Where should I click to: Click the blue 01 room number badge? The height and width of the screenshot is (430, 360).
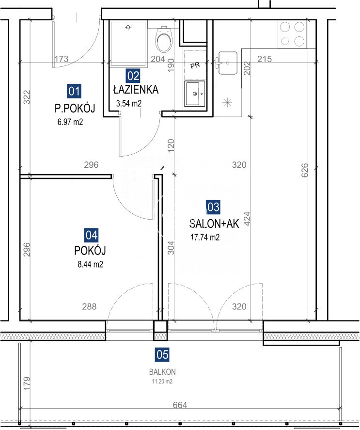[x=74, y=91]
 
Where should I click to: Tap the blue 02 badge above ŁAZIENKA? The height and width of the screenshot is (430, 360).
[x=133, y=76]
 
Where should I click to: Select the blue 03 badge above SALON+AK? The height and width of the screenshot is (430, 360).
[x=213, y=207]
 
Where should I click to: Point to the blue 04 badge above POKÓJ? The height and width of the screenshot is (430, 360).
[x=91, y=235]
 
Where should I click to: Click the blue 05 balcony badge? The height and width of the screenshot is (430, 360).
[x=162, y=354]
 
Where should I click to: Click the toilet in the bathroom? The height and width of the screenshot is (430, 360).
[x=164, y=39]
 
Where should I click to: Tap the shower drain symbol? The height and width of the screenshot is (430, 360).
[x=128, y=28]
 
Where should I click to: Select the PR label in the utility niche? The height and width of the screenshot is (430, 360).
[x=195, y=65]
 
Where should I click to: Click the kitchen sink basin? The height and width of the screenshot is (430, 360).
[x=227, y=63]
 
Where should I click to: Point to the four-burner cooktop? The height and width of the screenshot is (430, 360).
[x=292, y=34]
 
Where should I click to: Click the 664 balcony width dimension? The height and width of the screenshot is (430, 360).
[x=180, y=405]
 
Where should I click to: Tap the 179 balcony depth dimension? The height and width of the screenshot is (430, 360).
[x=27, y=383]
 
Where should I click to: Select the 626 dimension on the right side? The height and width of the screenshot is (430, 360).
[x=304, y=170]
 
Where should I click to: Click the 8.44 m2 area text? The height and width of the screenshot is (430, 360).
[x=90, y=264]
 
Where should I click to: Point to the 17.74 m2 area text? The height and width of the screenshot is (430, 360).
[x=205, y=237]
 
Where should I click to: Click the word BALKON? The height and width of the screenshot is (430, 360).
[x=162, y=372]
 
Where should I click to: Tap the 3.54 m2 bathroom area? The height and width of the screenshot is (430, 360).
[x=129, y=103]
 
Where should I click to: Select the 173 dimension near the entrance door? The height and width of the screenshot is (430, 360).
[x=61, y=59]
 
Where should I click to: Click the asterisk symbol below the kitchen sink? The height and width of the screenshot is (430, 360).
[x=227, y=103]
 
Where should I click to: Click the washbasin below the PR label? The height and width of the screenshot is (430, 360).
[x=194, y=93]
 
